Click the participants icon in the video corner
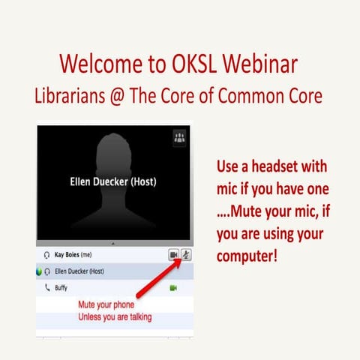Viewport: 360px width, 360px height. coord(179,137)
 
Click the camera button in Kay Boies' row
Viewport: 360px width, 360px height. coord(172,256)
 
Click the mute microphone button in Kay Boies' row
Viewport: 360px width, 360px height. coord(184,256)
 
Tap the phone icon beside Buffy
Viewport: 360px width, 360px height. coord(48,287)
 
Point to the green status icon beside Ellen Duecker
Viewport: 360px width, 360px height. coord(39,271)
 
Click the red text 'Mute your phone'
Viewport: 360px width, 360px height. coord(107,305)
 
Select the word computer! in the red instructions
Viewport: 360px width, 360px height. coord(247,254)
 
